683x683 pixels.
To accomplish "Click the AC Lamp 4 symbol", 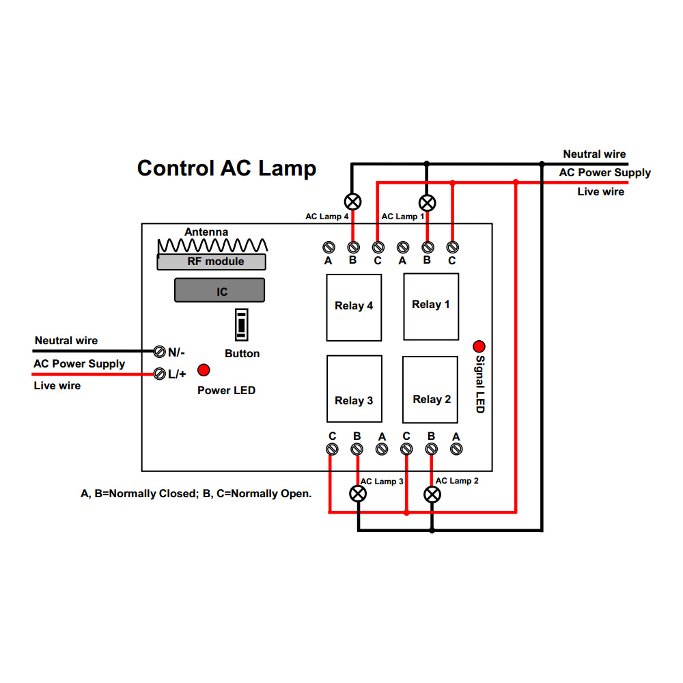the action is click(353, 201).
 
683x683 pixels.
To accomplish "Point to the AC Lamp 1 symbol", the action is click(428, 203).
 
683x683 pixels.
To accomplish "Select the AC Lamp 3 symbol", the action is click(358, 494).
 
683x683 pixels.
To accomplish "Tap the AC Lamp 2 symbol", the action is click(432, 494).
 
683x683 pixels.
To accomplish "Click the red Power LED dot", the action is click(204, 370).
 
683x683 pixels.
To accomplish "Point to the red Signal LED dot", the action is click(479, 346).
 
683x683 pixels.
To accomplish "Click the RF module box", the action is click(211, 262).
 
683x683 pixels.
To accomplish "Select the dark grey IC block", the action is click(219, 290).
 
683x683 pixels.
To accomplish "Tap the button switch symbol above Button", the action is click(241, 324).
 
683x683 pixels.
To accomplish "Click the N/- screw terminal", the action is click(159, 351).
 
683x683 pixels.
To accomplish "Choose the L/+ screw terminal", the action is click(159, 374).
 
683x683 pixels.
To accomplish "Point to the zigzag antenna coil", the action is click(212, 246).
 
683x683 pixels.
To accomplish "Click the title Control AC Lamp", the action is click(227, 169).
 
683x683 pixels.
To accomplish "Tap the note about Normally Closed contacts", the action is click(196, 494).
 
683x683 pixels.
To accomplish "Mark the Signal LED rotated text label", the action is click(480, 384).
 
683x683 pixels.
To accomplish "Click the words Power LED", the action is click(226, 390).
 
